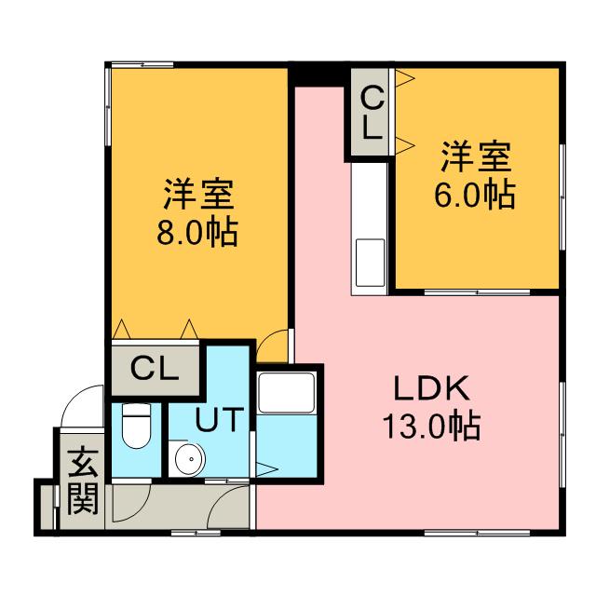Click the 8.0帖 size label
tap(196, 231)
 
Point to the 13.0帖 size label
tap(430, 427)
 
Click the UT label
tap(221, 420)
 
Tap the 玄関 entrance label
tap(83, 481)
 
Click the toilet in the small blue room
tap(136, 426)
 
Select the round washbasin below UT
tap(189, 457)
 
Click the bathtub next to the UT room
tap(287, 392)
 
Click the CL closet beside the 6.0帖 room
tap(372, 112)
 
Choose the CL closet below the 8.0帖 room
tap(155, 369)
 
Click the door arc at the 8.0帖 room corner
tap(273, 346)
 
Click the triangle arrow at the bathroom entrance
tap(263, 470)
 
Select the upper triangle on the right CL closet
tap(406, 82)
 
